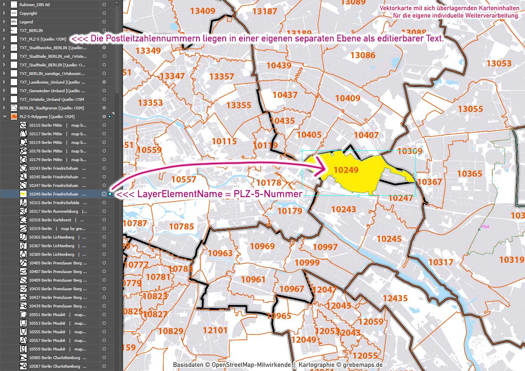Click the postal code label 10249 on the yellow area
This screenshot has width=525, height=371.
[x=346, y=170]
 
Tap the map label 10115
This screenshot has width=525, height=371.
[x=224, y=141]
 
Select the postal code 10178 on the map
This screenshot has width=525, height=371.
[x=269, y=182]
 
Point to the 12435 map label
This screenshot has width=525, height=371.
[x=395, y=298]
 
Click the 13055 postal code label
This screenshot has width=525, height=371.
[x=470, y=109]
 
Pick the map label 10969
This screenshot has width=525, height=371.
[x=262, y=246]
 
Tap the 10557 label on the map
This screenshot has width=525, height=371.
[x=184, y=179]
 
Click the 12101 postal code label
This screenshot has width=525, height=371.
[x=215, y=330]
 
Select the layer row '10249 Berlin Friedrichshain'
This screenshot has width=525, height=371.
[x=53, y=194]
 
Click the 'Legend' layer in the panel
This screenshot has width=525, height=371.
[x=26, y=22]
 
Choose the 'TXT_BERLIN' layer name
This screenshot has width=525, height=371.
[x=31, y=30]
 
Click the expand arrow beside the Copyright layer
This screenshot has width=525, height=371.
[x=4, y=13]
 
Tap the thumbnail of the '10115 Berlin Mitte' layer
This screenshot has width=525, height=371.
[x=24, y=125]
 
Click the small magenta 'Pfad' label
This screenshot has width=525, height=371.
[x=485, y=226]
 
